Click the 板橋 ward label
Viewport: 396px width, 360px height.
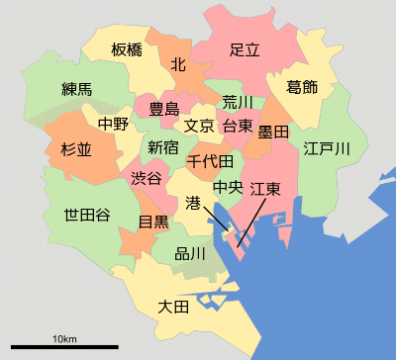127,49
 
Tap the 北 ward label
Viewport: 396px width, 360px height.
178,64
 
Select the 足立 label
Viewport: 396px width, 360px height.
245,49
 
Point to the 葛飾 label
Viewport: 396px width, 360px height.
302,87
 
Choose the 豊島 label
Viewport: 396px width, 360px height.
163,108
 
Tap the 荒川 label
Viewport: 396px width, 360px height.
238,102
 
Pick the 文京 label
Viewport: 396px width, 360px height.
199,126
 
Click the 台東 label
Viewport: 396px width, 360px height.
238,126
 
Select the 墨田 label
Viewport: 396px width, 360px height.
272,131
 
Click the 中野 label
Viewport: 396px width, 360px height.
113,125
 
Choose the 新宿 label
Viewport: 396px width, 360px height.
163,147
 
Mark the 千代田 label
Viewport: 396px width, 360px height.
210,160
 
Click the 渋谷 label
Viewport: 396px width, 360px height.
147,179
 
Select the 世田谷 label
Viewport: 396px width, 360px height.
87,215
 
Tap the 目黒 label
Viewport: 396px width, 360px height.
152,222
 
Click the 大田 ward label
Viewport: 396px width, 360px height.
173,308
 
